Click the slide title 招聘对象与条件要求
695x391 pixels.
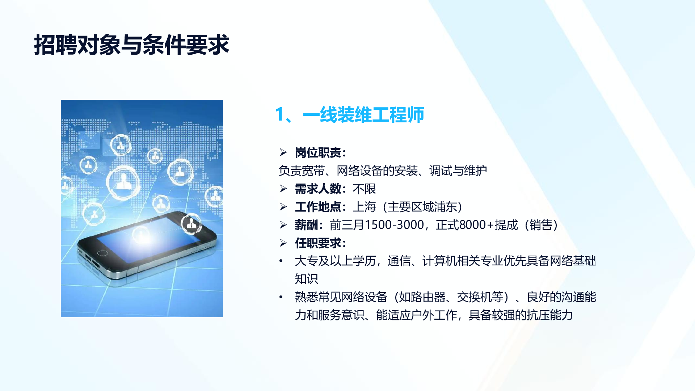(x=131, y=45)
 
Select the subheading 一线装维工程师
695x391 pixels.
(x=363, y=115)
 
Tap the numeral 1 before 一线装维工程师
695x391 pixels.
(x=279, y=115)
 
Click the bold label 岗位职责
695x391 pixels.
(x=317, y=153)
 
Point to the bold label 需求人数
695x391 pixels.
(x=317, y=189)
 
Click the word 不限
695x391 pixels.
(x=364, y=189)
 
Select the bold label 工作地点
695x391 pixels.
(x=317, y=207)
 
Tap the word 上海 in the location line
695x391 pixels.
(x=364, y=207)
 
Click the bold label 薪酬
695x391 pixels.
(x=306, y=225)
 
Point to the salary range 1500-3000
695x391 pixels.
(x=394, y=225)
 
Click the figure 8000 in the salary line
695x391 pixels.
(x=472, y=225)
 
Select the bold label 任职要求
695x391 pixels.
(x=317, y=243)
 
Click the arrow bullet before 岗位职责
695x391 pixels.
(x=283, y=152)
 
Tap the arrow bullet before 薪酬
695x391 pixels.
(x=283, y=225)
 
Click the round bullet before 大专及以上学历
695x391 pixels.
(x=281, y=261)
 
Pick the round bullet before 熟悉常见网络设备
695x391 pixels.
(x=281, y=297)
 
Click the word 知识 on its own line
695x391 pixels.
(x=306, y=279)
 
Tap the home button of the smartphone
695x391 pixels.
(x=102, y=253)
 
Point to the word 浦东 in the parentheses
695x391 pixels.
(x=446, y=207)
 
